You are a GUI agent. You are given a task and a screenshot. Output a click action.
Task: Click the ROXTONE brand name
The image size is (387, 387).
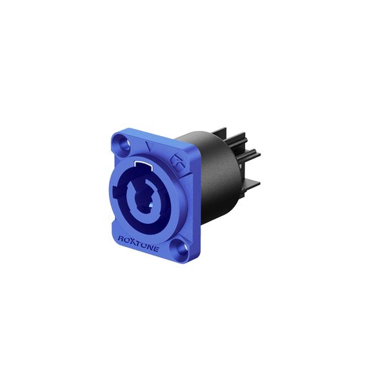pyautogui.click(x=138, y=243)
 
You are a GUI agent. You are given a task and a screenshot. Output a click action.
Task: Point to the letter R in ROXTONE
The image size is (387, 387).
pyautogui.click(x=121, y=239)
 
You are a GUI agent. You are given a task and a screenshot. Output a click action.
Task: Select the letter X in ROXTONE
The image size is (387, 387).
pyautogui.click(x=133, y=241)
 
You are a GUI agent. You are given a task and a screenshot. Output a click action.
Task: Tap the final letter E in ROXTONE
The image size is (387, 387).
pyautogui.click(x=155, y=249)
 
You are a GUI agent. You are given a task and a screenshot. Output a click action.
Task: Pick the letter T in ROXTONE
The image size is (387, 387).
pyautogui.click(x=139, y=243)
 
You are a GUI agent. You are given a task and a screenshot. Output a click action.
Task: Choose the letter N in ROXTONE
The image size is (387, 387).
pyautogui.click(x=150, y=247)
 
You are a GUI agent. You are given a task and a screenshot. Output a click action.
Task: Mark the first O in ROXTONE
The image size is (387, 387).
pyautogui.click(x=126, y=240)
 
